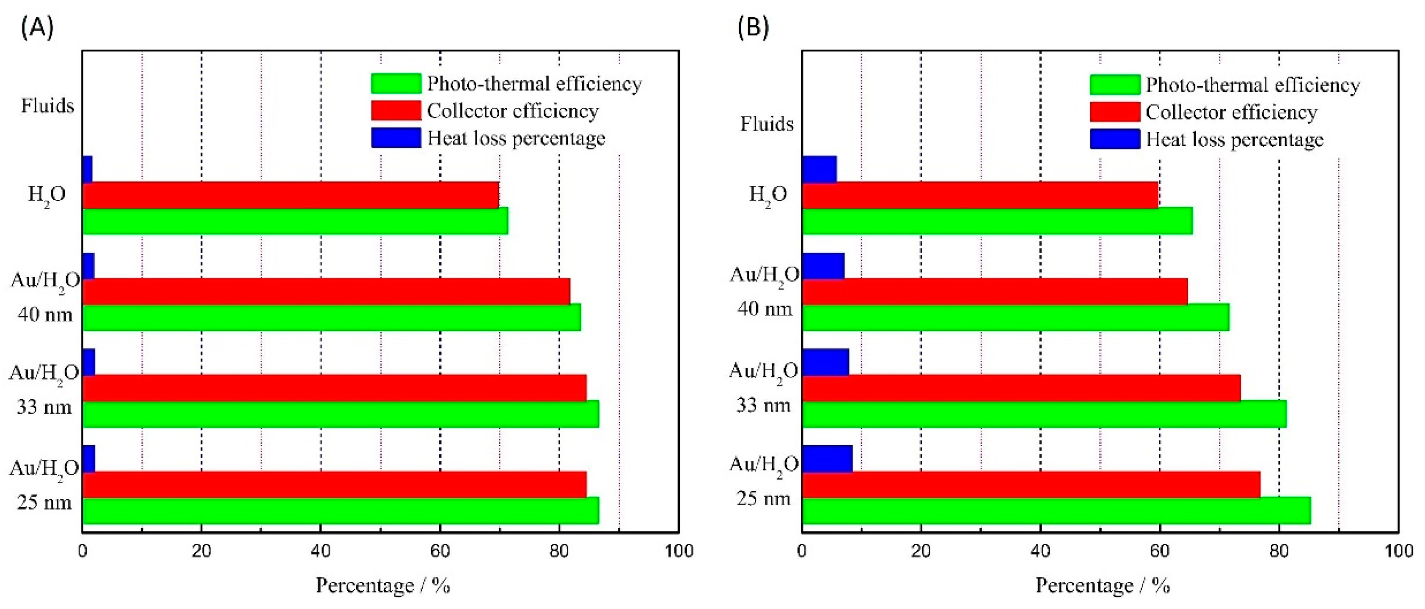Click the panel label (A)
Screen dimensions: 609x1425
pyautogui.click(x=37, y=27)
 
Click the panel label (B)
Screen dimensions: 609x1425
pyautogui.click(x=754, y=27)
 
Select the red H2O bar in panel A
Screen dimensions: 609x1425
pyautogui.click(x=290, y=195)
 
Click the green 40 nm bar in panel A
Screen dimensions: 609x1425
pyautogui.click(x=332, y=318)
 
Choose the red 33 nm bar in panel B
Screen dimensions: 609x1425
pyautogui.click(x=1021, y=388)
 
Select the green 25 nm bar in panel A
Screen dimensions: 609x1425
pyautogui.click(x=340, y=511)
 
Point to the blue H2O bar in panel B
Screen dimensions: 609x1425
pyautogui.click(x=819, y=169)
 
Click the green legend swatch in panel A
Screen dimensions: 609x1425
pyautogui.click(x=396, y=83)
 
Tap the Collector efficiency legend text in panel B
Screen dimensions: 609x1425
pyautogui.click(x=1231, y=112)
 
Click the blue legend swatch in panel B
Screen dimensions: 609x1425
pyautogui.click(x=1115, y=139)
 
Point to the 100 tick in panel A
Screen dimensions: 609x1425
pyautogui.click(x=679, y=551)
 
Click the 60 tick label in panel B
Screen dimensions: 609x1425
pyautogui.click(x=1159, y=551)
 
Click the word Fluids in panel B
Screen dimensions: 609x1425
pyautogui.click(x=767, y=124)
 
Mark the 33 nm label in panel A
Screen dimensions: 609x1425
pyautogui.click(x=44, y=407)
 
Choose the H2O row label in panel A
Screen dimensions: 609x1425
pyautogui.click(x=47, y=195)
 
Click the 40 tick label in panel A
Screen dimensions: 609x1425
pyautogui.click(x=321, y=551)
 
